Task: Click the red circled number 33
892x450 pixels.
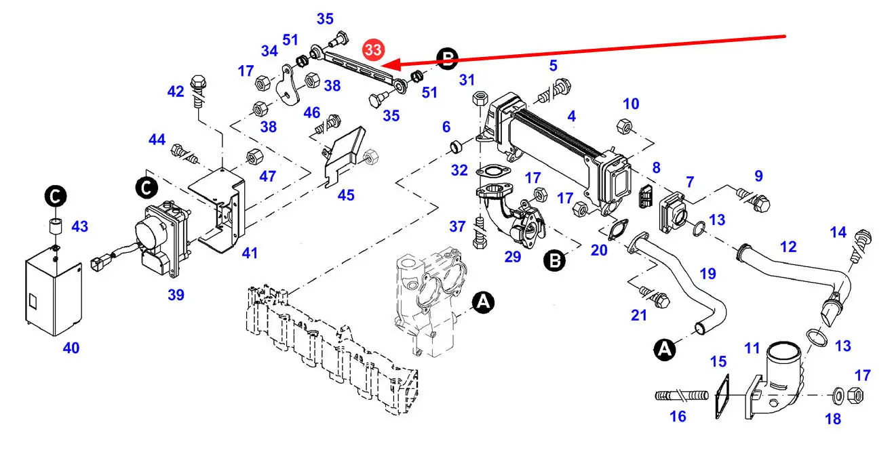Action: coord(372,50)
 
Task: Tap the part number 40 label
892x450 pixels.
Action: coord(71,348)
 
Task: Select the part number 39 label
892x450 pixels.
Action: coord(176,295)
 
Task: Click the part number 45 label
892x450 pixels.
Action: coord(346,195)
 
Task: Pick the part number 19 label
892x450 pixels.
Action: coord(707,274)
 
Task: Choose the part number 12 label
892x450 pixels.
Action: coord(788,247)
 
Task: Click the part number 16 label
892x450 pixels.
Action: coord(678,417)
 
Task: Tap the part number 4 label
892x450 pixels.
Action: coord(572,117)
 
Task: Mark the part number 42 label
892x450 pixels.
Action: coord(176,91)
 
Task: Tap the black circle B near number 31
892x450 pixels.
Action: coord(447,59)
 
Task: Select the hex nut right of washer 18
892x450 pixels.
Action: coord(856,393)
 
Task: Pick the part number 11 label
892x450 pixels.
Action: coord(752,348)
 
